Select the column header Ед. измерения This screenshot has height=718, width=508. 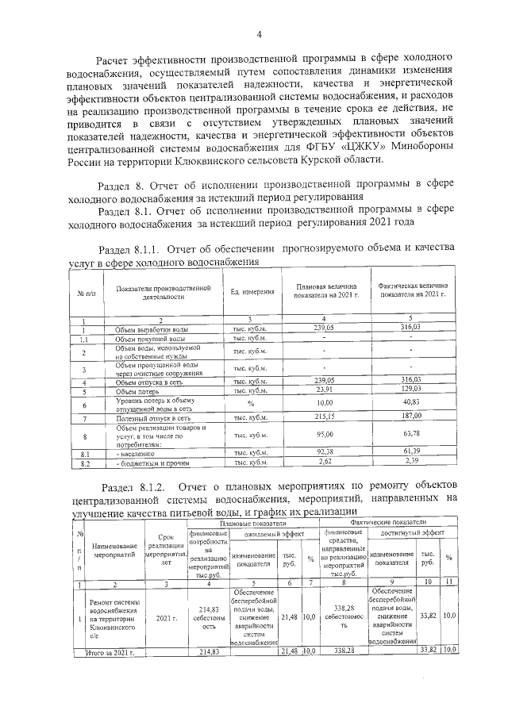coord(252,293)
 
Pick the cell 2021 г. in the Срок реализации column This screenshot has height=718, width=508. coord(166,616)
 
